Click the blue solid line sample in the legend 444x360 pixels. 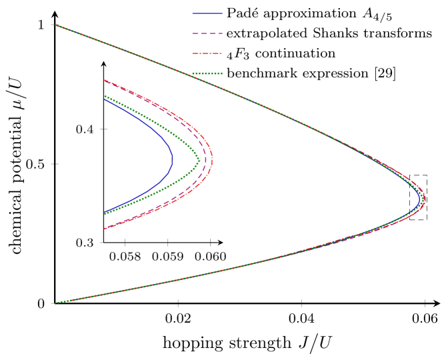click(x=207, y=13)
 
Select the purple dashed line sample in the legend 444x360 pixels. click(x=207, y=33)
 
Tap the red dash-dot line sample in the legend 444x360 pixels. click(x=207, y=53)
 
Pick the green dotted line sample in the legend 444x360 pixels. click(x=207, y=73)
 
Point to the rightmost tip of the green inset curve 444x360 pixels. click(x=199, y=160)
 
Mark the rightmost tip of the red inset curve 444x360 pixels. click(x=213, y=160)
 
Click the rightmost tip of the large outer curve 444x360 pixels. click(x=425, y=199)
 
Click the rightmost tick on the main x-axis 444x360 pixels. click(x=425, y=303)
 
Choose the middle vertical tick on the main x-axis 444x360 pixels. click(x=301, y=303)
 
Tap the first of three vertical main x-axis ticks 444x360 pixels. click(x=178, y=303)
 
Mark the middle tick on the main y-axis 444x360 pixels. click(x=55, y=164)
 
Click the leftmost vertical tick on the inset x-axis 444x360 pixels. click(x=125, y=242)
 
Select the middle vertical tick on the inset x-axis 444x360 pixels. click(x=168, y=242)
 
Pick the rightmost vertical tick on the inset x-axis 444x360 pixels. click(x=211, y=242)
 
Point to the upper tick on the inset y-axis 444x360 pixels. click(x=103, y=129)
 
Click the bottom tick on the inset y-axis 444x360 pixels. click(x=101, y=243)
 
